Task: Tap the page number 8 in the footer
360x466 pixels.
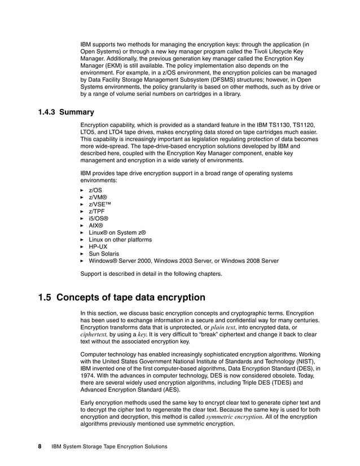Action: coord(39,446)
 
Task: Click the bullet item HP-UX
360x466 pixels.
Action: coord(98,247)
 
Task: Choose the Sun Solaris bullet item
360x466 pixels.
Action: coord(104,254)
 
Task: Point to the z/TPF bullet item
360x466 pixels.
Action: coord(96,211)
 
